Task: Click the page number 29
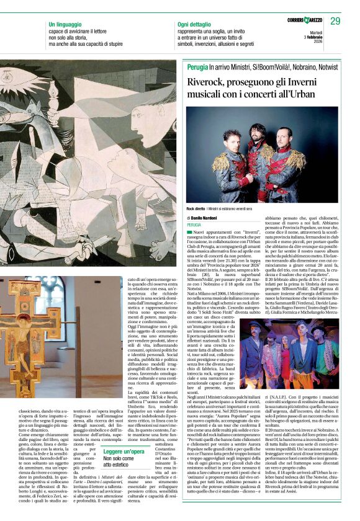click(336, 21)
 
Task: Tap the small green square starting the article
click(189, 231)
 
